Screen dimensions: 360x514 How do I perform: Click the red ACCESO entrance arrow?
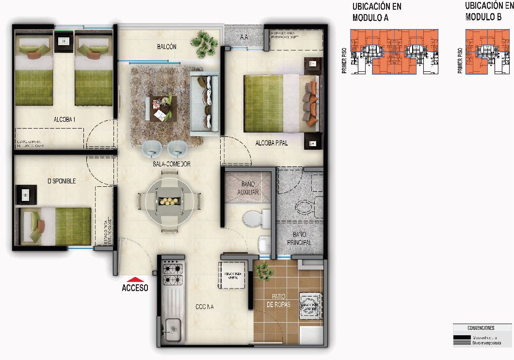point(135,279)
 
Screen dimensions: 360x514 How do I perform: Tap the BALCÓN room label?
point(166,47)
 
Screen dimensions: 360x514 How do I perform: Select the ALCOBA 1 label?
point(64,119)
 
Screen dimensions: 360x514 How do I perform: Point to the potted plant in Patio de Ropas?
point(265,271)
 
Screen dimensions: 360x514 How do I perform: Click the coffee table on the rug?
point(161,108)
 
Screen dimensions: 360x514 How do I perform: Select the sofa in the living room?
point(204,102)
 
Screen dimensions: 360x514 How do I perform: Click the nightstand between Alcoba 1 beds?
point(64,41)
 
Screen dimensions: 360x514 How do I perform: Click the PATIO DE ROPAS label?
point(278,300)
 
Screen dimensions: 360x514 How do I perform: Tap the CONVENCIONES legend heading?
point(481,328)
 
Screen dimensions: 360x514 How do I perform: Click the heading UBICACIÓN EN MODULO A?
point(377,12)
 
